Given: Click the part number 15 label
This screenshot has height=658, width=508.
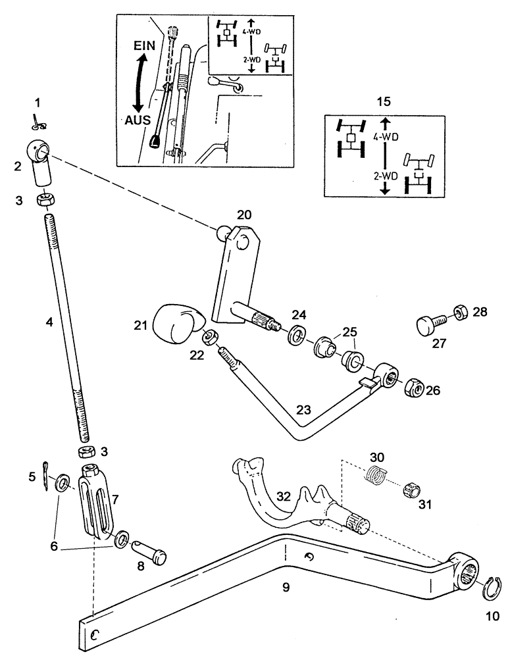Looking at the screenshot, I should [382, 102].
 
